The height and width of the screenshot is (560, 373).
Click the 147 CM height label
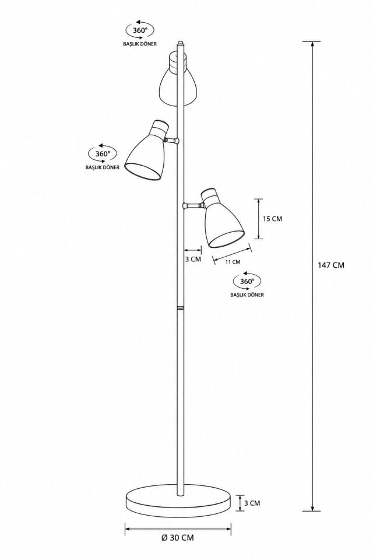coord(331,265)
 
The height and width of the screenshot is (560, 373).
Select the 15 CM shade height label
coord(272,219)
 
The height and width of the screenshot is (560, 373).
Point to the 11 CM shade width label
coord(233,262)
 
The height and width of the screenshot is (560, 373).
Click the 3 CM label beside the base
coord(252,503)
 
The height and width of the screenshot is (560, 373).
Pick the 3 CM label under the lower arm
coord(193,259)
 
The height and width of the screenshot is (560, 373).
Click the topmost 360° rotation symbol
coord(139,30)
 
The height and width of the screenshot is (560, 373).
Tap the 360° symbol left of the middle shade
coord(103,153)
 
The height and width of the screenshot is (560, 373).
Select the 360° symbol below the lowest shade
coord(247,281)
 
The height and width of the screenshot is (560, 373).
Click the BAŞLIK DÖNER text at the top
coord(139,44)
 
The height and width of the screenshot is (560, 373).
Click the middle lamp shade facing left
coord(147,150)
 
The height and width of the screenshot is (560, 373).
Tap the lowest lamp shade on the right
coord(223,219)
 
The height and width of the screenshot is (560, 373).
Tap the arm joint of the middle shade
coord(171,141)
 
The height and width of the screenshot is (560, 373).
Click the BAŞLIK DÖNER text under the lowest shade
coord(247,295)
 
